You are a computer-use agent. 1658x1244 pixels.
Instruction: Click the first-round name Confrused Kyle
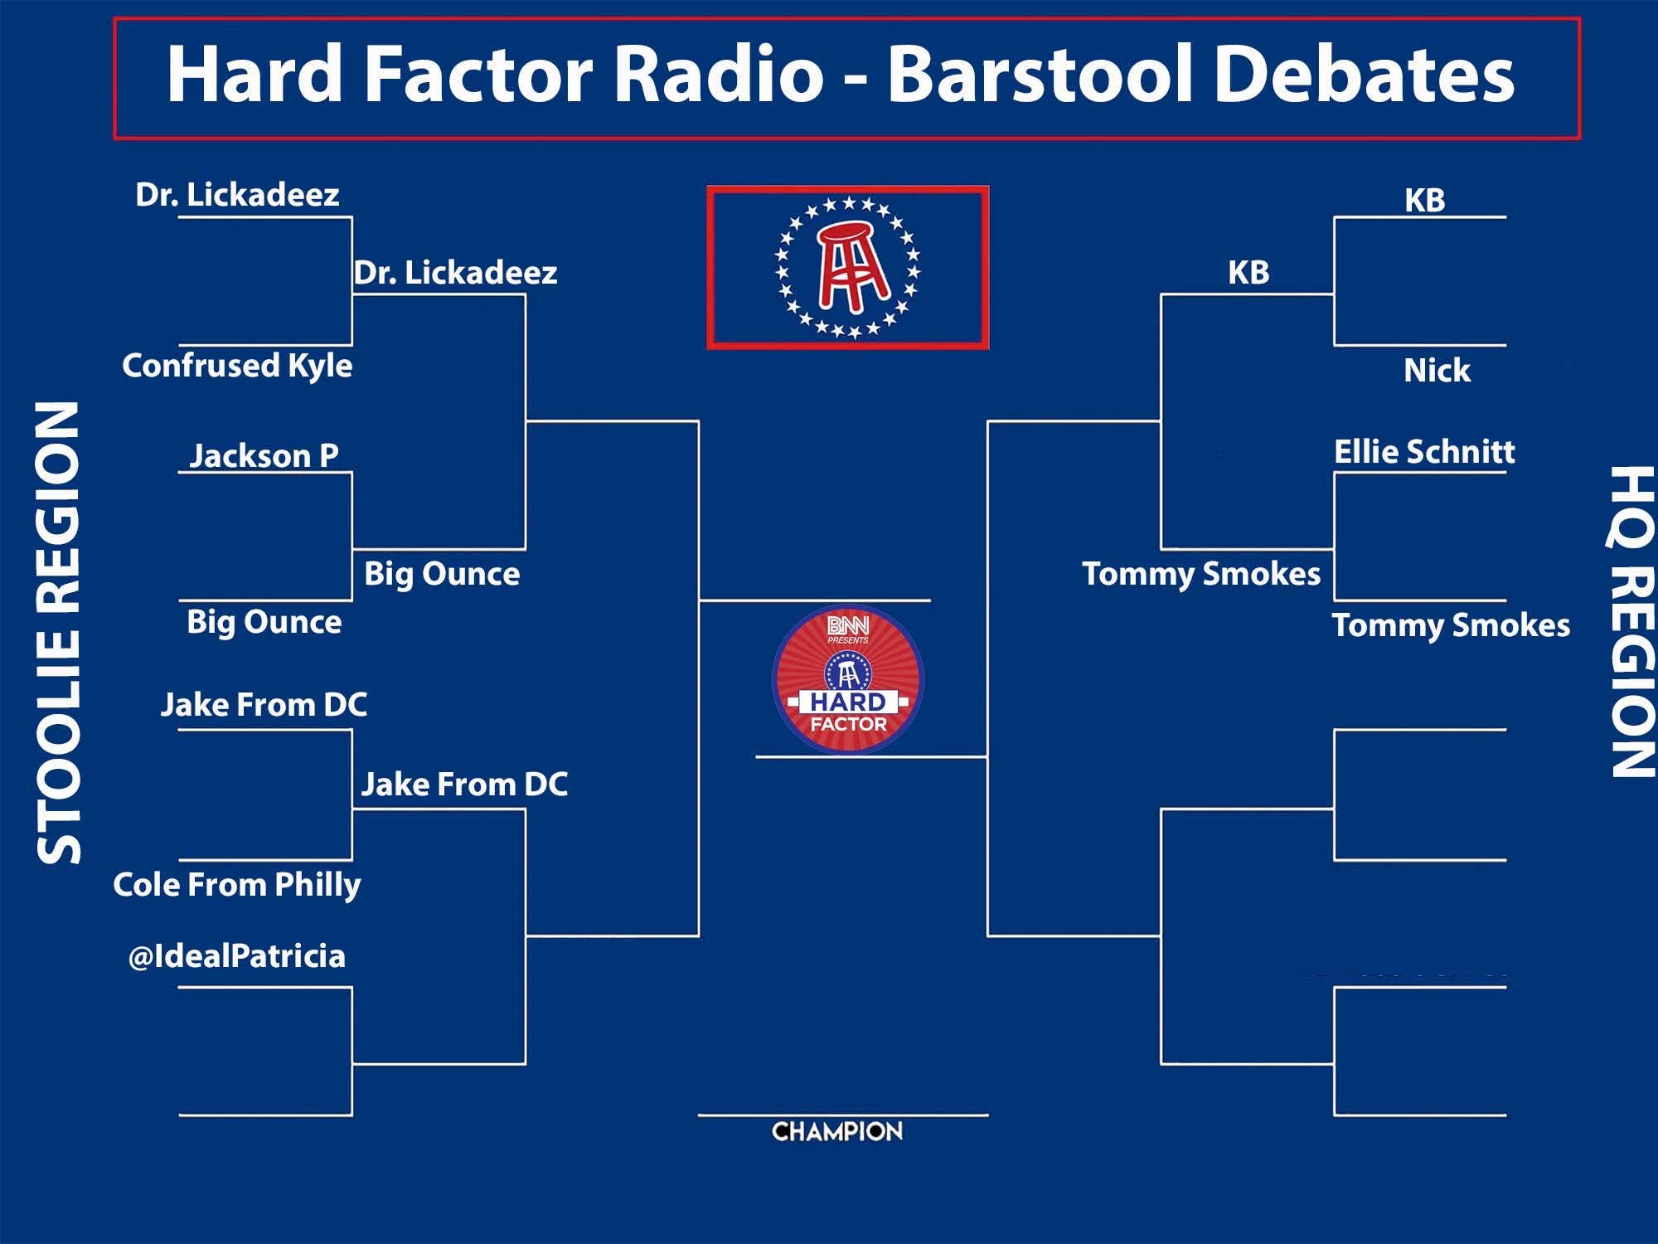pos(237,366)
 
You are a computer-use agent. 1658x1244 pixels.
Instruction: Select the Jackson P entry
pos(264,455)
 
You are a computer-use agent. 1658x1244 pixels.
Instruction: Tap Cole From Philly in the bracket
pos(237,884)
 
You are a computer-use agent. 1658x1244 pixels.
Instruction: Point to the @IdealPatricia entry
pos(237,956)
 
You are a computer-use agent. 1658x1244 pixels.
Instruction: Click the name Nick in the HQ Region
pos(1437,370)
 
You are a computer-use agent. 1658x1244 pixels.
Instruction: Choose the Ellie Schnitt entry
pos(1424,452)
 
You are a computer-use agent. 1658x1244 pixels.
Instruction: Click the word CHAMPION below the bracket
pos(837,1131)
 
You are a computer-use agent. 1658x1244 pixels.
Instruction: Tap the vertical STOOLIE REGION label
pos(60,633)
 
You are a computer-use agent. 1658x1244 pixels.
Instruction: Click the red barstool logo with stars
pos(847,268)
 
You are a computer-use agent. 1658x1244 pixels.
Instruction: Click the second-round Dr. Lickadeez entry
pos(456,273)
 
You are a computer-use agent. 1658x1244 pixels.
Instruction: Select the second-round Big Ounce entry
pos(442,574)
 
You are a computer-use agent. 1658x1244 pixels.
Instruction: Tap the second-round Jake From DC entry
pos(464,785)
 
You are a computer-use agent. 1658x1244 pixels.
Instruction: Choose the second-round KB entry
pos(1248,273)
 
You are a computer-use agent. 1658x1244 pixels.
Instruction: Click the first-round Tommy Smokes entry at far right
pos(1451,625)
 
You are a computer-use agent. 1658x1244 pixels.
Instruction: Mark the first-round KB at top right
pos(1424,201)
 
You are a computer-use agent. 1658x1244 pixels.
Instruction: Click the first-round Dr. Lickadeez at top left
pos(237,195)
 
